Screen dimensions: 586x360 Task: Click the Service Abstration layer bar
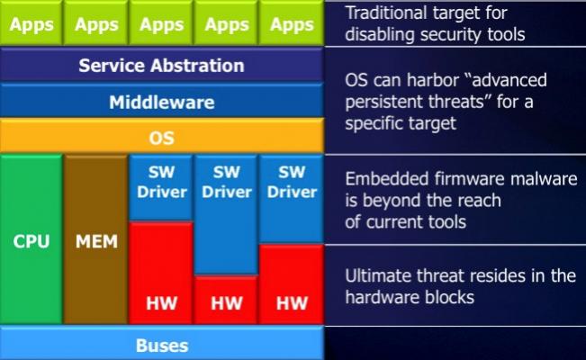point(161,65)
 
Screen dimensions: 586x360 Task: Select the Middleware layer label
point(162,102)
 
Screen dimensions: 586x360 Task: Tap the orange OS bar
point(161,136)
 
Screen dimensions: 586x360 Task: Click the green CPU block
point(32,239)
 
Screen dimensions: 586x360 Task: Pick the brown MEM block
point(96,239)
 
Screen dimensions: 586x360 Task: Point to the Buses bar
point(161,343)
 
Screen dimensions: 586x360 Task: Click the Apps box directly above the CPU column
point(32,23)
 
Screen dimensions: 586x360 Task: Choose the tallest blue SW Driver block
point(226,215)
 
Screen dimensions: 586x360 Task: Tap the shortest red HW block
point(226,300)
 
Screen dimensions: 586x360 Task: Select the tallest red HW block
point(161,273)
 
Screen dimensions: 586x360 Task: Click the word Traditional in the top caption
point(386,13)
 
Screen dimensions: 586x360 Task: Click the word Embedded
point(386,179)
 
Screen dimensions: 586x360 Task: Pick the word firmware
point(469,179)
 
